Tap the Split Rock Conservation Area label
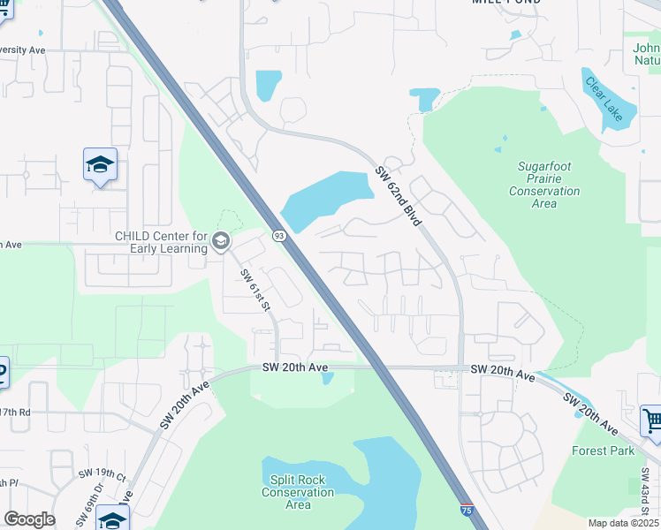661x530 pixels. pyautogui.click(x=298, y=492)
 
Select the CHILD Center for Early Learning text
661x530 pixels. pyautogui.click(x=160, y=241)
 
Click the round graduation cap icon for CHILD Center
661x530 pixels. pyautogui.click(x=220, y=240)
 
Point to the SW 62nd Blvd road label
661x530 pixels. pyautogui.click(x=398, y=198)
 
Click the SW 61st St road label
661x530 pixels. pyautogui.click(x=255, y=291)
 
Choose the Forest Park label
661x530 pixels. pyautogui.click(x=604, y=450)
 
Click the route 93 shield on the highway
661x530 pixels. pyautogui.click(x=279, y=236)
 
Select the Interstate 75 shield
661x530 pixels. pyautogui.click(x=466, y=511)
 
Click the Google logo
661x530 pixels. pyautogui.click(x=29, y=519)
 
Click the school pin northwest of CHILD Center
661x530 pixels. pyautogui.click(x=101, y=165)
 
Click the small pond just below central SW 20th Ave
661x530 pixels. pyautogui.click(x=328, y=379)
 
